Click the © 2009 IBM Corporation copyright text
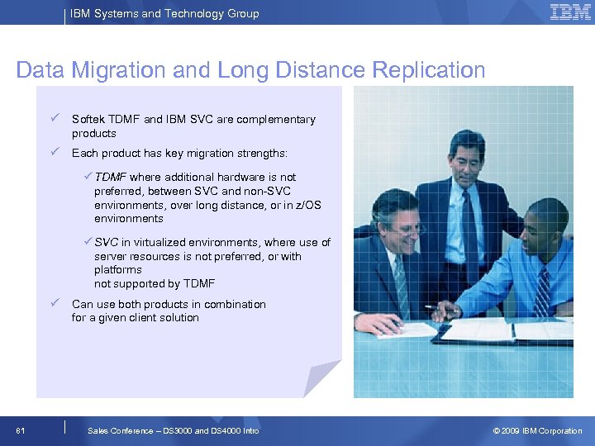point(537,431)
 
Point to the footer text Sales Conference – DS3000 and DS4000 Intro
point(173,431)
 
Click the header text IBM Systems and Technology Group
point(164,13)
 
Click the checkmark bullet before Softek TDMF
point(52,118)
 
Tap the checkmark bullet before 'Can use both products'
point(52,303)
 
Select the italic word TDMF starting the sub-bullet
point(111,177)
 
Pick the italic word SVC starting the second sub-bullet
point(106,243)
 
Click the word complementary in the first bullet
point(276,120)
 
